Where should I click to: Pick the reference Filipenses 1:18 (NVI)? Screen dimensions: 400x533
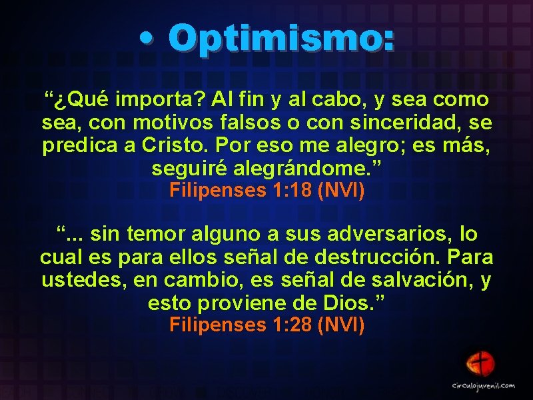point(266,191)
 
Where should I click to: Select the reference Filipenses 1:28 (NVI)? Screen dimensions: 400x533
point(266,325)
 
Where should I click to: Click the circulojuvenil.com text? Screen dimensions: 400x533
point(484,385)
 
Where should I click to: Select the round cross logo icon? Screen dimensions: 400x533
point(479,364)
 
